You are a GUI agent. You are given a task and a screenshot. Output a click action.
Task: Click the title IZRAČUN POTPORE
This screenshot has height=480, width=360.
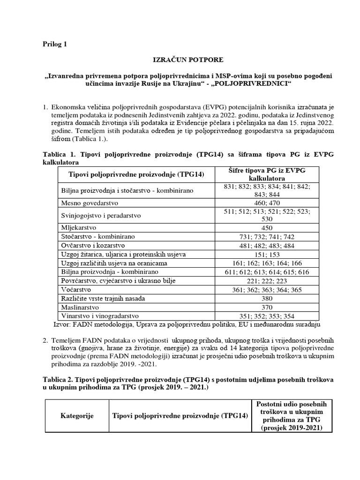click(180, 60)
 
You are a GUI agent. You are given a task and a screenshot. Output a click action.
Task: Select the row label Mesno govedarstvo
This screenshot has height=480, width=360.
click(90, 203)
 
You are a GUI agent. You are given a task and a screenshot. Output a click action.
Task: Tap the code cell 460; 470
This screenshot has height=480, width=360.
click(266, 203)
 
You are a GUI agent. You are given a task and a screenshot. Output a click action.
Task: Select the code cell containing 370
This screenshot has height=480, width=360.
click(266, 307)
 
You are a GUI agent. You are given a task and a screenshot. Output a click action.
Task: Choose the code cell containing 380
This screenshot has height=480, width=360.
click(266, 299)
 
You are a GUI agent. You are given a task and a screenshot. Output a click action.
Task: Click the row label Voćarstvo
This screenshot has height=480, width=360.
click(77, 290)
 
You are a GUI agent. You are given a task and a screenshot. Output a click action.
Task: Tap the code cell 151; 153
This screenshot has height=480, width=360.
click(266, 255)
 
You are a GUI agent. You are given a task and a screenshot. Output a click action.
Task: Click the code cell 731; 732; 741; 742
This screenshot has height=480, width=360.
click(266, 237)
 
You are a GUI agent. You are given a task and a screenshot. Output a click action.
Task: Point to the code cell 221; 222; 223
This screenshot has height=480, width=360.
click(266, 281)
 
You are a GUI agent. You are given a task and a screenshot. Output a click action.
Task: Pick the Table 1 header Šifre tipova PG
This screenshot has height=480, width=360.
click(266, 175)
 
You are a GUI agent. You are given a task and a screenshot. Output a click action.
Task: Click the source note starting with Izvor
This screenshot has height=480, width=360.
click(187, 324)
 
